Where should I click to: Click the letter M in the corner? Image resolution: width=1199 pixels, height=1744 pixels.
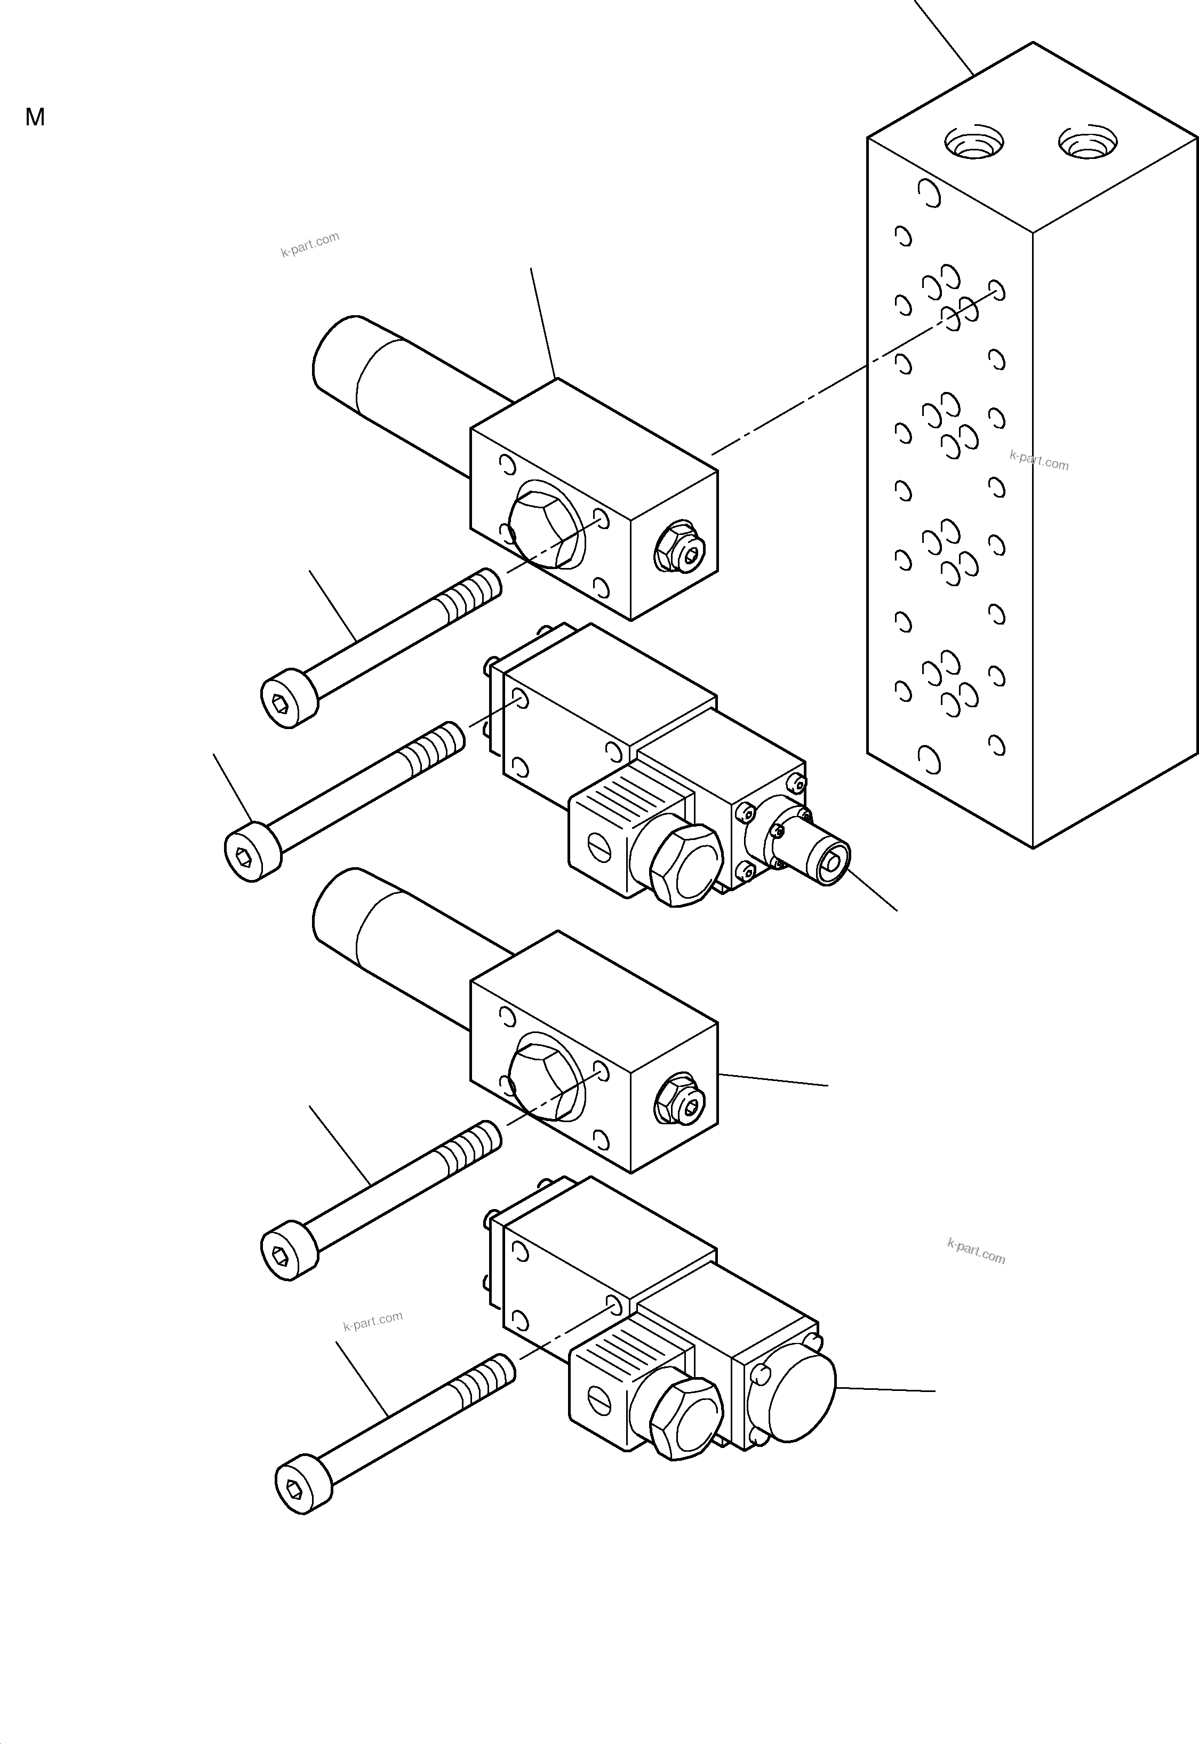[x=35, y=117]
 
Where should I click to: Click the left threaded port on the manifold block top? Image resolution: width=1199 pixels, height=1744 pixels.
[x=973, y=142]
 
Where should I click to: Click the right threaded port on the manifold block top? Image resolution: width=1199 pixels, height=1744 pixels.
[x=1087, y=142]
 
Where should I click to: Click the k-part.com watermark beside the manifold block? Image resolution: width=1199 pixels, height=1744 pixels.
[x=1038, y=460]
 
